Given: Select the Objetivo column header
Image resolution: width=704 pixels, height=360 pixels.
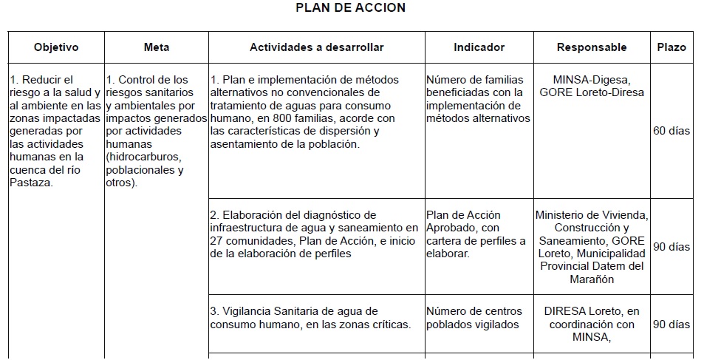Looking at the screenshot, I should pos(56,47).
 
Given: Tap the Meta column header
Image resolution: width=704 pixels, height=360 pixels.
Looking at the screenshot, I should pos(156,47).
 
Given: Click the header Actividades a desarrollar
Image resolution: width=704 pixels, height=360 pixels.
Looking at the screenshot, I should pos(316,47).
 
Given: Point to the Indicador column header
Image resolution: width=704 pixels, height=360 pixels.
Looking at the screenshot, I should pos(479,47).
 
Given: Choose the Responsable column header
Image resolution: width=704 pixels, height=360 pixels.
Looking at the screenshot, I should pos(591,47).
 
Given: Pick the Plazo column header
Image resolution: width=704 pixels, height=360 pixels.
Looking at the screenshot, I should pos(671,47).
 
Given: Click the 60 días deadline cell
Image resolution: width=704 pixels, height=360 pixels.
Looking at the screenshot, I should pos(671,131).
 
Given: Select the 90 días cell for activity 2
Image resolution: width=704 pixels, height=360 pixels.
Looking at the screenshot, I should pos(671,247).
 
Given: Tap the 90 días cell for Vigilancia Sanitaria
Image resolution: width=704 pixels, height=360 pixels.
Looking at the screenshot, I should pos(671,324).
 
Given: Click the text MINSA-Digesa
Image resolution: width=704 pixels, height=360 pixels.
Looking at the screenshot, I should pos(592,80).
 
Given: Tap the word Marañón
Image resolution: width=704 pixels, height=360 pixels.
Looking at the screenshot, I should pos(592,279).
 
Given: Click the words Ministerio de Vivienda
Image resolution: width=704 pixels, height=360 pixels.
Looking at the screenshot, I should pos(592,215).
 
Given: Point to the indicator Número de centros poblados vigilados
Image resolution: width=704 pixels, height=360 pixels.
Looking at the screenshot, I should pos(474,318).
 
